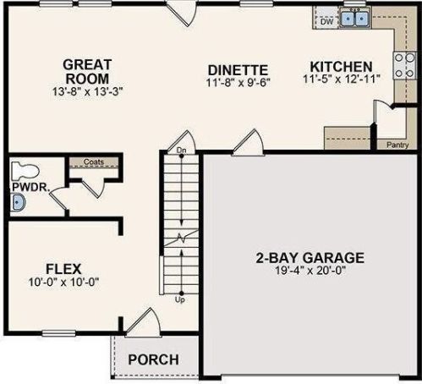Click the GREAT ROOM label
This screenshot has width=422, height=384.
[87, 72]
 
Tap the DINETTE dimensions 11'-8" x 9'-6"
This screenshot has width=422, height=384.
[238, 83]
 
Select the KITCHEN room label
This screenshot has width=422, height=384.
[341, 67]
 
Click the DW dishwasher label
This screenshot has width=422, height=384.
[327, 21]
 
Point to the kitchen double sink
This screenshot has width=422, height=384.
[355, 19]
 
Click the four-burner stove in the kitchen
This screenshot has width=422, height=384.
[404, 65]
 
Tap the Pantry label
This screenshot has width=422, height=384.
[397, 145]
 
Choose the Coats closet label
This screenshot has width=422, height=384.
[94, 162]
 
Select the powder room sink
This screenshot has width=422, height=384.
[18, 202]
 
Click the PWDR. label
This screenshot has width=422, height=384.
[31, 188]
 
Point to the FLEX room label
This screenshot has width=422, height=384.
[63, 269]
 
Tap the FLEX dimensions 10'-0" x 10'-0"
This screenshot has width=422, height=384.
[64, 282]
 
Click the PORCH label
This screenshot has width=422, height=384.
[154, 359]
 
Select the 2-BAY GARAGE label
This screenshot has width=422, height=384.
[310, 258]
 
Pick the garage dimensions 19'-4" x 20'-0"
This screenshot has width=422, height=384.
[310, 271]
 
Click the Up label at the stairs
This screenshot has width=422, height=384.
[180, 299]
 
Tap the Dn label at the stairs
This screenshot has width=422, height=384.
[181, 151]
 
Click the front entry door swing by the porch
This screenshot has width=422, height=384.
[144, 322]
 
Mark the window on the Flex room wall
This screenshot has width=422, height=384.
[59, 333]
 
